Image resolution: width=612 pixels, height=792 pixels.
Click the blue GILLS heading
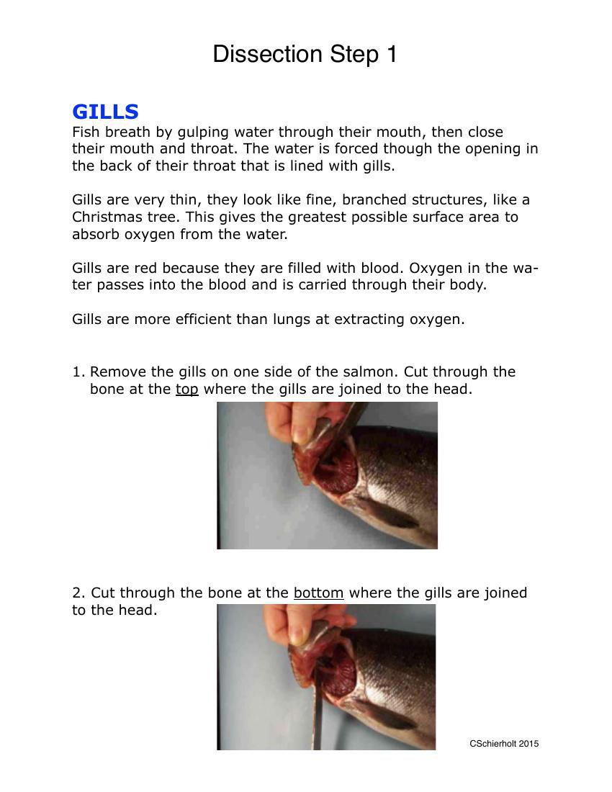[x=105, y=112]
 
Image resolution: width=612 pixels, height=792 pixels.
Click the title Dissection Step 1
[x=305, y=55]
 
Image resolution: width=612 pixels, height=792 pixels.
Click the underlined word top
[x=186, y=390]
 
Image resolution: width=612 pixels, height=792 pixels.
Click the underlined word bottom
[x=318, y=593]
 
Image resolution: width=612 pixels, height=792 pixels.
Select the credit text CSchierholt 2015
[x=503, y=744]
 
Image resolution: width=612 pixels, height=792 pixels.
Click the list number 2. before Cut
[x=78, y=593]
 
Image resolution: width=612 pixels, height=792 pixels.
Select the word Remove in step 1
[x=117, y=372]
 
